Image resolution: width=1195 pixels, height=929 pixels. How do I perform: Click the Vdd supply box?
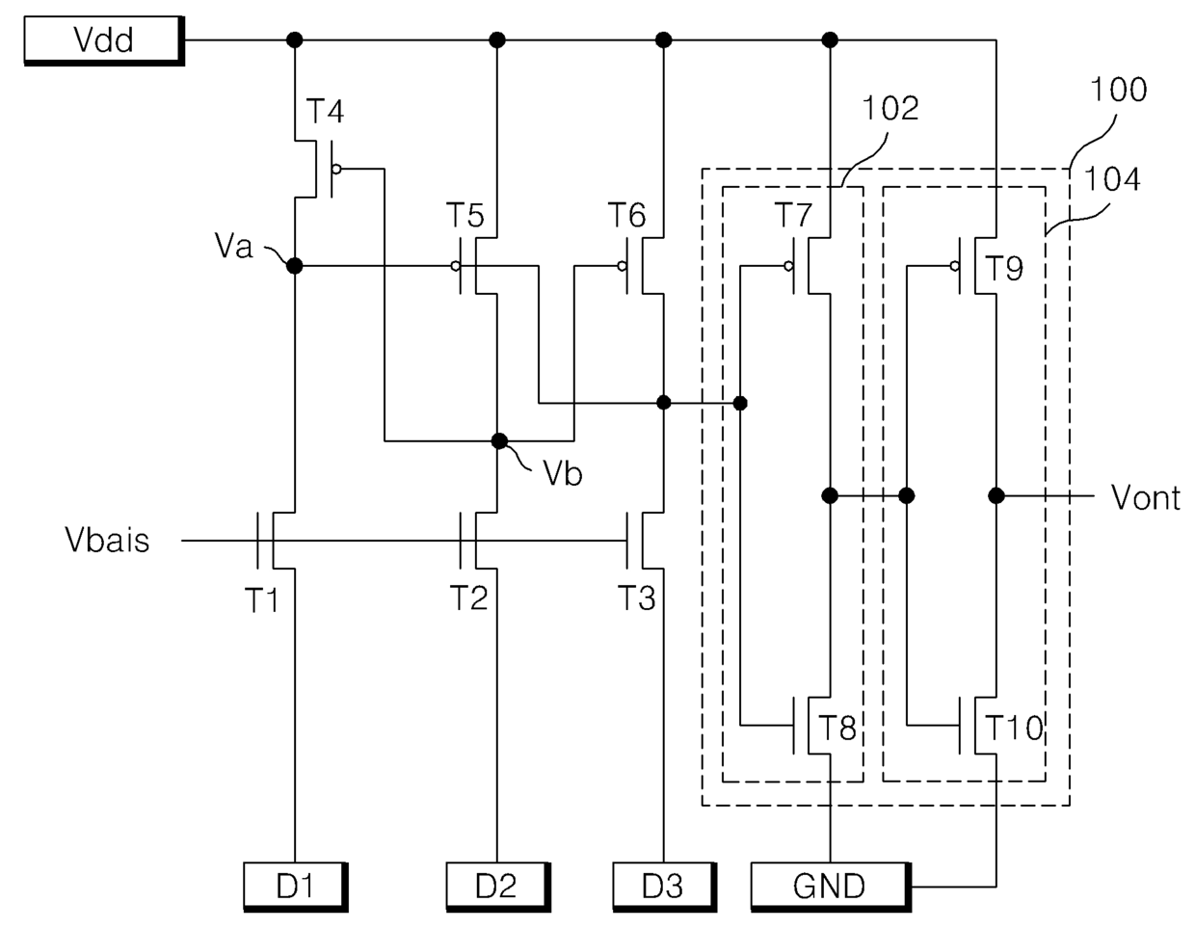coord(104,40)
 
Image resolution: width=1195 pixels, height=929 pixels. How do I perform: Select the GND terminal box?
coord(831,887)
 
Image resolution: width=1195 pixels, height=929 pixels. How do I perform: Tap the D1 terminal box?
coord(296,887)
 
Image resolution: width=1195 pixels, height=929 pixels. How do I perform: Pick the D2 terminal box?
coord(498,887)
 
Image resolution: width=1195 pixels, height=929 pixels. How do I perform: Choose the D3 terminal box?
coord(665,887)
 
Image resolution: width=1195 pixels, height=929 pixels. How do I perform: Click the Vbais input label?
coord(107,540)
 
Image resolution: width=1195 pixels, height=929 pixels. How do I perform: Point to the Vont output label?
coord(1146,498)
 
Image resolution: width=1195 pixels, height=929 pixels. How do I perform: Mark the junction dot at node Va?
coord(295,266)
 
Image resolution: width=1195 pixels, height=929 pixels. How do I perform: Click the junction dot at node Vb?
coord(499,440)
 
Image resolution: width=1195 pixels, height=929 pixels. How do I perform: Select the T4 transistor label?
coord(325,111)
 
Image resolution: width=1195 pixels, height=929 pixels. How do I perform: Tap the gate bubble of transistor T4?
coord(336,170)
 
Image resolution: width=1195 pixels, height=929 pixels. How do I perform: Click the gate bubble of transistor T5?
coord(455,266)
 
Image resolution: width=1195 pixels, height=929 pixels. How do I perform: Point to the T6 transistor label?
coord(627,215)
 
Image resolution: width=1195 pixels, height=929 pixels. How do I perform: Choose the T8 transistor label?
coord(837,728)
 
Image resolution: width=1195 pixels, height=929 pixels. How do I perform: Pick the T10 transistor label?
coord(1014,728)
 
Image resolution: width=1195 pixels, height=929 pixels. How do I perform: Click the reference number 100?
coord(1119,90)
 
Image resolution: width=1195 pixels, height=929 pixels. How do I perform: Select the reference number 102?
coord(890,108)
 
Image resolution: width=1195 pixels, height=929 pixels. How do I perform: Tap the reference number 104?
coord(1112,180)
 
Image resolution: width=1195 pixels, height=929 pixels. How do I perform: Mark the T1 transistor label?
coord(261,599)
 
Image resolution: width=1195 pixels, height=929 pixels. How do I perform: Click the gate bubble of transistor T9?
coord(955,266)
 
